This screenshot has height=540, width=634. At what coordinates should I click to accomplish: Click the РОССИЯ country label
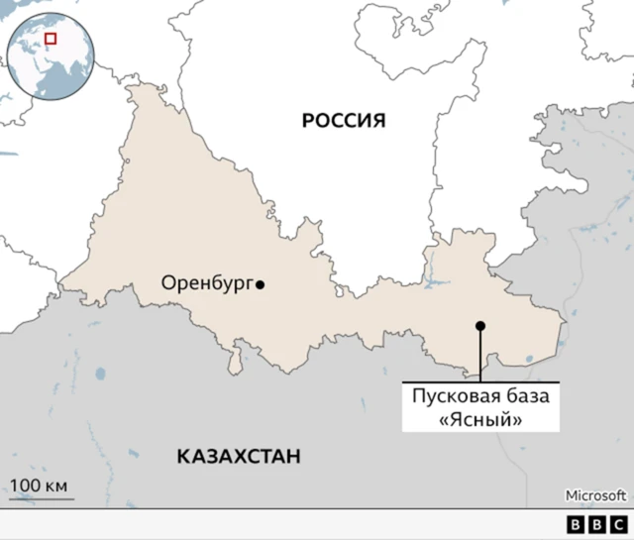click(343, 121)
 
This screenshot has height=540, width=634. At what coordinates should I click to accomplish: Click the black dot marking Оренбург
click(261, 285)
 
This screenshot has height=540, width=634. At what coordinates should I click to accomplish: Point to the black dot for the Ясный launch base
click(479, 326)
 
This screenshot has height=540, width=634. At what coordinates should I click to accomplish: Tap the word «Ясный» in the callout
click(480, 419)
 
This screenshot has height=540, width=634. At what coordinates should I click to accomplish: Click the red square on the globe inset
click(51, 39)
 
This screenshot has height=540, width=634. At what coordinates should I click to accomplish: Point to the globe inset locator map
click(50, 54)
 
